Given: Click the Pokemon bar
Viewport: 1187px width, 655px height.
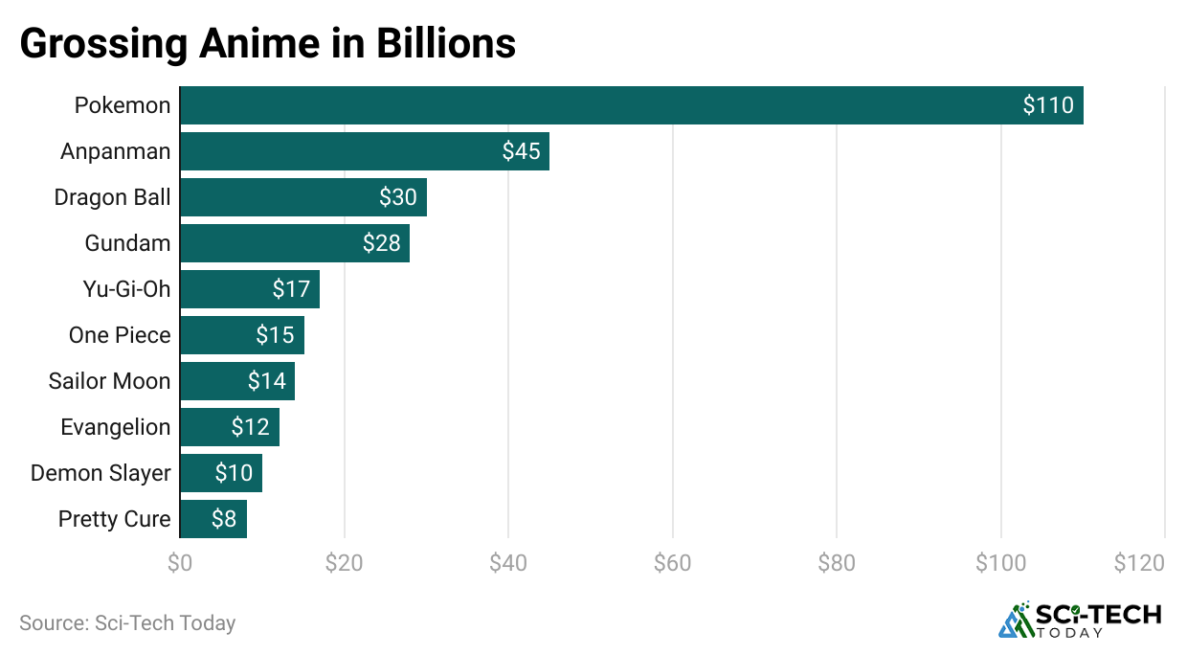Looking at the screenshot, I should coord(631,105).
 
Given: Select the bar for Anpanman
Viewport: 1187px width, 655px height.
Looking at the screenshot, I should coord(364,151).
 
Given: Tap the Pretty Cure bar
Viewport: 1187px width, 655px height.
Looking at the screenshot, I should coord(213,519).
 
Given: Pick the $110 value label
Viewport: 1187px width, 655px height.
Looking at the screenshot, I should coord(1048,105).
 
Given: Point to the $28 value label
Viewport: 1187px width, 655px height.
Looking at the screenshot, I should coord(381,243).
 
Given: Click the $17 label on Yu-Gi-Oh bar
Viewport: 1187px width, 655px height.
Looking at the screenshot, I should coord(291,289).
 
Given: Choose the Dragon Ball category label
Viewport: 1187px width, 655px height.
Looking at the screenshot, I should coord(112,197).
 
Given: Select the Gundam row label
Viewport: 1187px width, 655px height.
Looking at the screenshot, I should coord(127,243).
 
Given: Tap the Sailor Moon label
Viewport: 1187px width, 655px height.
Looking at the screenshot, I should coord(109,381).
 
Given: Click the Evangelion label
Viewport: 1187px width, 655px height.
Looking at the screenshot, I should coord(115,427).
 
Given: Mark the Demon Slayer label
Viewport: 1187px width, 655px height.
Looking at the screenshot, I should coord(101,473).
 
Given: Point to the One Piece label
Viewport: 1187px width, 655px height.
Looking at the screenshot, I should coord(120,335).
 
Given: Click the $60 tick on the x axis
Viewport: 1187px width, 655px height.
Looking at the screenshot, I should coord(672,563).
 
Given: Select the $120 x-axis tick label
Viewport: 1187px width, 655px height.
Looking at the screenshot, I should coord(1139,563).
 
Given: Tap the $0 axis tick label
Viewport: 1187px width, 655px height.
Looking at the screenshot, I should coord(179,563).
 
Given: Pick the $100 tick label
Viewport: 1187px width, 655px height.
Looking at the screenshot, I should coord(1000,563).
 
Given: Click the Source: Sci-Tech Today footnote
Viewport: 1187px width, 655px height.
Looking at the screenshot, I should coord(127,622).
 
